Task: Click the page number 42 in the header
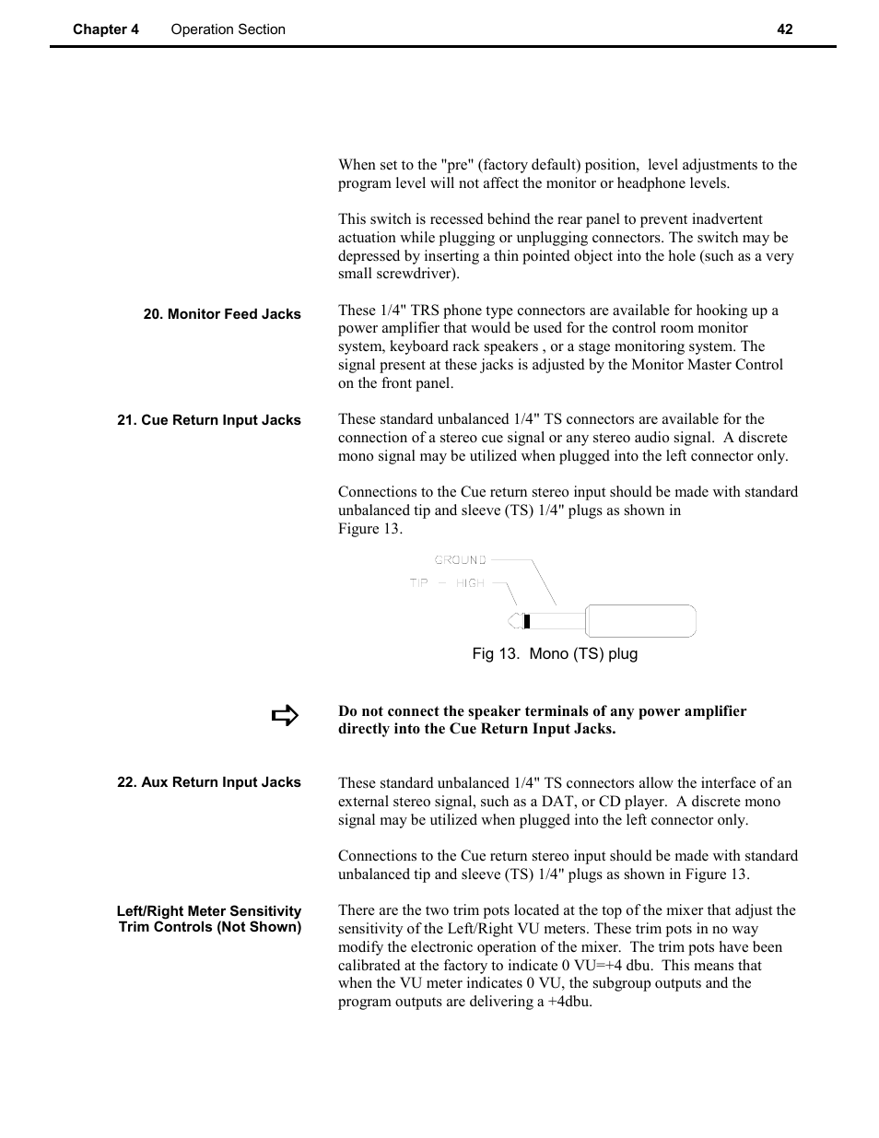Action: click(x=784, y=29)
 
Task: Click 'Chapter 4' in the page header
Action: click(x=106, y=29)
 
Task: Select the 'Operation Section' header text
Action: click(x=228, y=29)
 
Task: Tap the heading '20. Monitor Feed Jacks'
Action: click(x=222, y=314)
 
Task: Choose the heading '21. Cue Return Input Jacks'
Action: click(x=209, y=420)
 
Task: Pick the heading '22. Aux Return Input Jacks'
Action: click(x=209, y=782)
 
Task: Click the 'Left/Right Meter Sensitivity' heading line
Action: click(x=209, y=911)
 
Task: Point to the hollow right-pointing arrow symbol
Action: click(x=286, y=716)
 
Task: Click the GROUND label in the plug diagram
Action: click(x=460, y=560)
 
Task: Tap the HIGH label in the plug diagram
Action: click(x=470, y=583)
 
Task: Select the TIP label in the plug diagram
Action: click(x=418, y=583)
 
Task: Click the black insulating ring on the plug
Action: click(x=526, y=621)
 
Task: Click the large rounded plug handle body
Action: click(x=640, y=621)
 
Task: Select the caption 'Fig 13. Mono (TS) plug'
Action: click(x=555, y=654)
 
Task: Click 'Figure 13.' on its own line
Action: click(x=369, y=529)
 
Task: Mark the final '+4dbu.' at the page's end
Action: click(x=570, y=1002)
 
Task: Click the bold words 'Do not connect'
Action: click(x=387, y=711)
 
